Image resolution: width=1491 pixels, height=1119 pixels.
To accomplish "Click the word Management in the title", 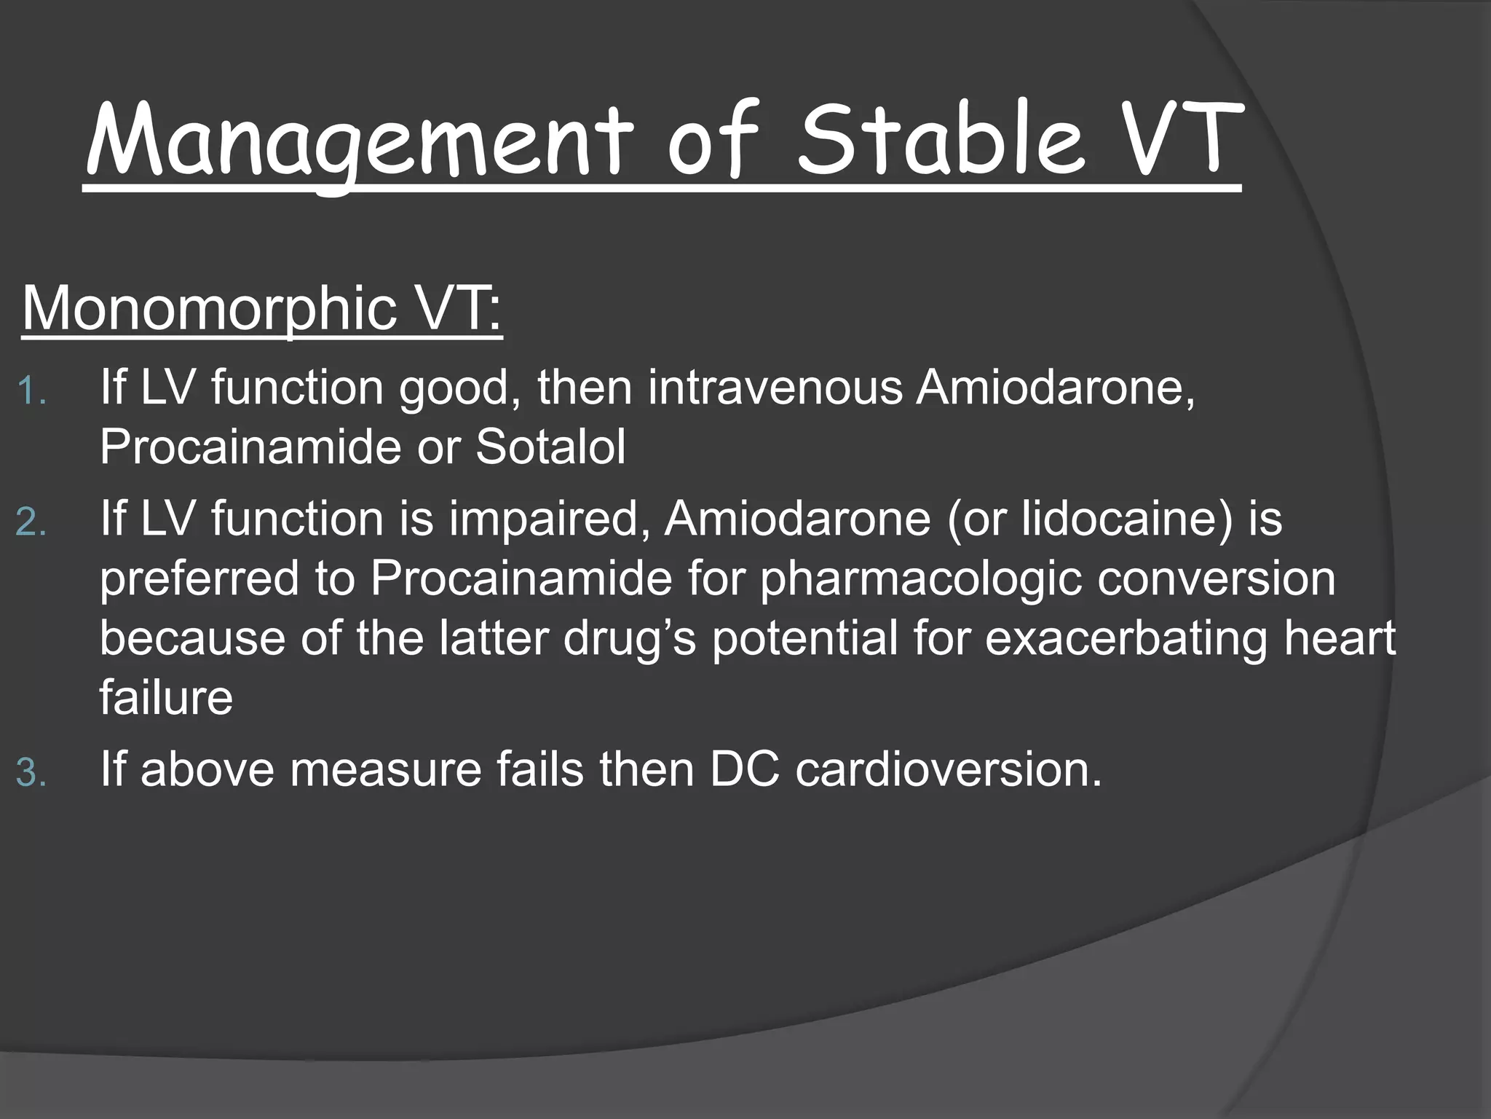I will [356, 142].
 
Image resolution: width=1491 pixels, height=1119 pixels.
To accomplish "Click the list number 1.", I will [31, 391].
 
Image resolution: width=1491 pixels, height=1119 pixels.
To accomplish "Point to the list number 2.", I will [31, 523].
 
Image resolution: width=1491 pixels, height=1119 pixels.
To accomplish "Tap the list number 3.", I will [31, 773].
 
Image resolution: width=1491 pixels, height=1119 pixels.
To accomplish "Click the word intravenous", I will [775, 387].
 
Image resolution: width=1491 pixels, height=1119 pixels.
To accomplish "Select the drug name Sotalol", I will [550, 447].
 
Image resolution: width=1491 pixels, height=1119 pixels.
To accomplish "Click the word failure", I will [166, 697].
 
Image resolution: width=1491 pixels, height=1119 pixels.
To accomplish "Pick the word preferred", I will [199, 579].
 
